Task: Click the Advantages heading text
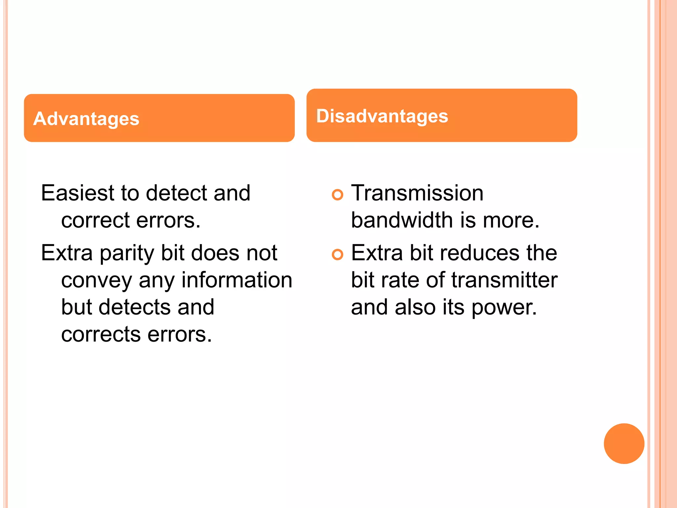pyautogui.click(x=86, y=119)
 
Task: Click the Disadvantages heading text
pyautogui.click(x=382, y=116)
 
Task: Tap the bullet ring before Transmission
pyautogui.click(x=338, y=195)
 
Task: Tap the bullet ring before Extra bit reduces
pyautogui.click(x=338, y=255)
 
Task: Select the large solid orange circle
pyautogui.click(x=624, y=444)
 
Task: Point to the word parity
pyautogui.click(x=127, y=254)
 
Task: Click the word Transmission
pyautogui.click(x=417, y=193)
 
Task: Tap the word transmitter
pyautogui.click(x=504, y=280)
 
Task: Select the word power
pyautogui.click(x=504, y=308)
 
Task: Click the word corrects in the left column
pyautogui.click(x=101, y=334)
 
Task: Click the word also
pyautogui.click(x=415, y=307)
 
